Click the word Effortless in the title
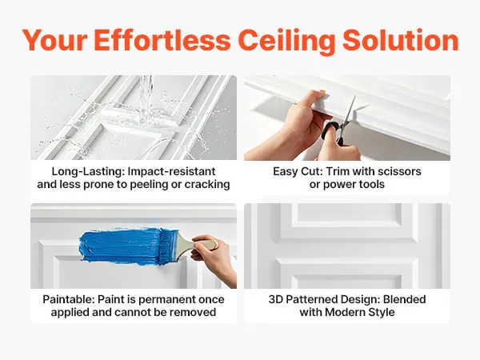[162, 40]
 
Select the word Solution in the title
[401, 40]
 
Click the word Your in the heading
[54, 40]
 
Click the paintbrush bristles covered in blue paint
[170, 246]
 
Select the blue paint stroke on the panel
[121, 247]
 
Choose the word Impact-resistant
[171, 172]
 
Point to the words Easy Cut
[297, 172]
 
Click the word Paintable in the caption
[69, 299]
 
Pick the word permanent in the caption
[166, 300]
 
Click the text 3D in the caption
[275, 299]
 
